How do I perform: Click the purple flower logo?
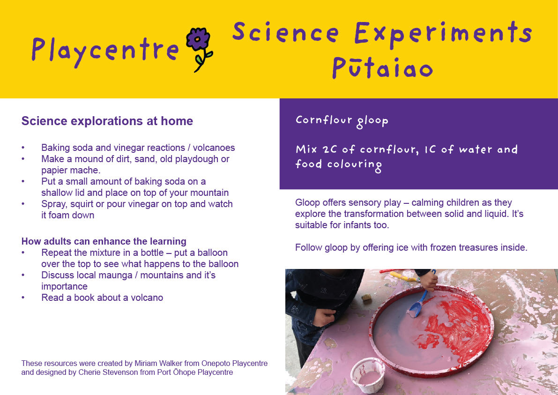(x=199, y=49)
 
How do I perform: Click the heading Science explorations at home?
(x=107, y=121)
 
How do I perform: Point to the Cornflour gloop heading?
(x=342, y=120)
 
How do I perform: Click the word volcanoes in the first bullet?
(x=214, y=148)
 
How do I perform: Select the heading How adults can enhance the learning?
(x=104, y=241)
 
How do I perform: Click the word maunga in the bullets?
(x=115, y=276)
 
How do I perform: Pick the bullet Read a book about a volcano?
(x=102, y=298)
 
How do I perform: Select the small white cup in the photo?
(x=368, y=375)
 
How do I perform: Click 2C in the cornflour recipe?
(x=330, y=149)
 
